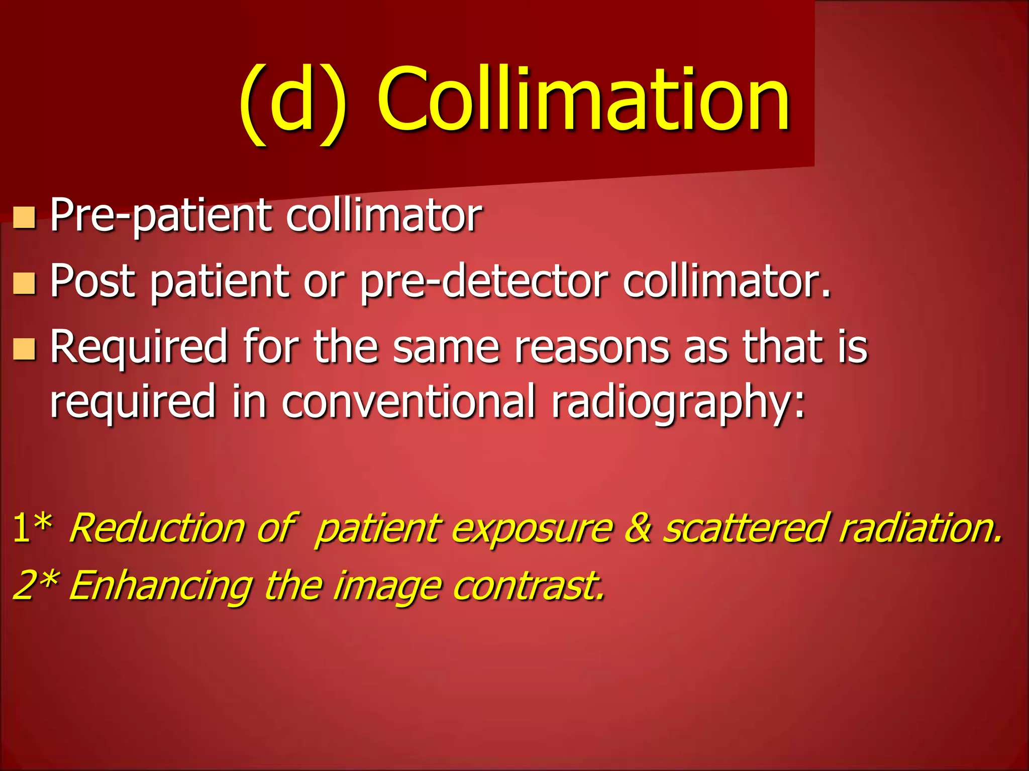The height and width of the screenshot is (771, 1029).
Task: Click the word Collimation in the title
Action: pyautogui.click(x=583, y=100)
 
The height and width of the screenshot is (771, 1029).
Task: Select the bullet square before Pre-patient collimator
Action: pyautogui.click(x=24, y=218)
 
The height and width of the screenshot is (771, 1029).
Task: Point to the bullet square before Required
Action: pyautogui.click(x=24, y=349)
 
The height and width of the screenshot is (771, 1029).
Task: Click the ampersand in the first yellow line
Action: pyautogui.click(x=638, y=528)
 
